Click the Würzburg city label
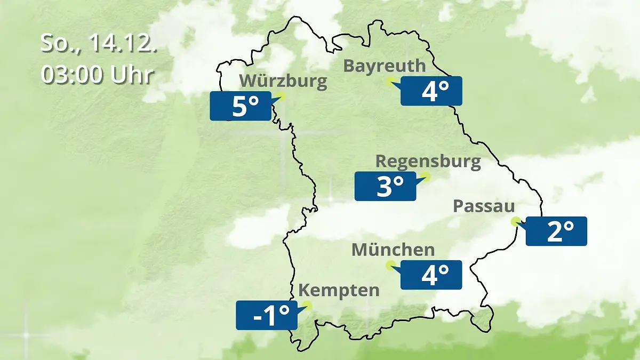coord(283,82)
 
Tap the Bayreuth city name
coord(385,66)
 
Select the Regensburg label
coord(428,161)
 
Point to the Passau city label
coord(484,206)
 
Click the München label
coord(393,250)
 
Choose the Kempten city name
coord(339,291)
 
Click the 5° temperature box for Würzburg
coord(241,106)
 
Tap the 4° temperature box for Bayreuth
coord(431,91)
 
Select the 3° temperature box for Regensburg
coord(385,187)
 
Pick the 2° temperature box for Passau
coord(556,231)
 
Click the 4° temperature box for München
coord(431,275)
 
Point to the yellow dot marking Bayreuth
coord(391,81)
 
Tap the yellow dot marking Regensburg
coord(425,175)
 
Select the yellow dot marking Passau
coord(515,221)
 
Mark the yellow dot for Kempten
coord(306,306)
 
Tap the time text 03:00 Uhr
coord(98,75)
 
